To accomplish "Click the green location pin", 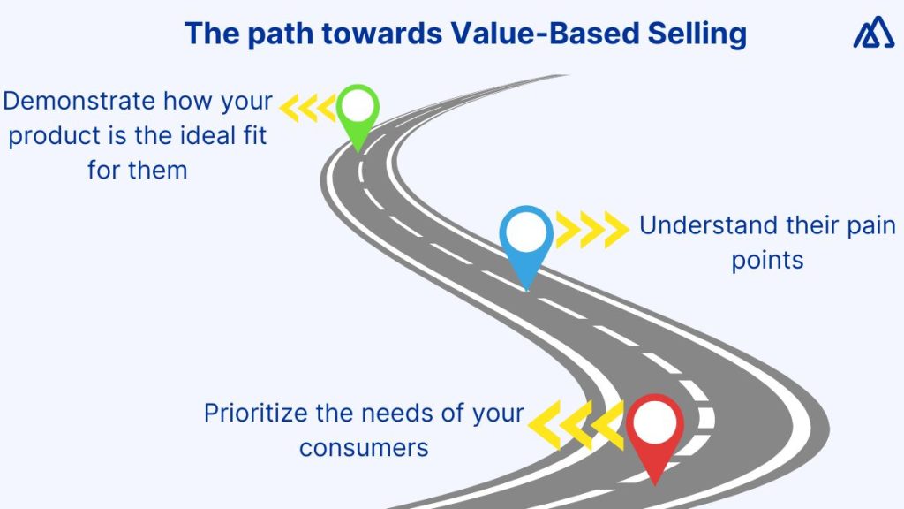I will click(358, 115).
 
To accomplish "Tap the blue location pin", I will click(526, 240).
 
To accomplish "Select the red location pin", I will click(654, 431).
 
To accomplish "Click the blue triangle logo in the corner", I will click(873, 34).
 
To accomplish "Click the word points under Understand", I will click(767, 261).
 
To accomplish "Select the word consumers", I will click(364, 447).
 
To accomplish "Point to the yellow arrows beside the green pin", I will click(308, 108).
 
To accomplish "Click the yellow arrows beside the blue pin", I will click(591, 230).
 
